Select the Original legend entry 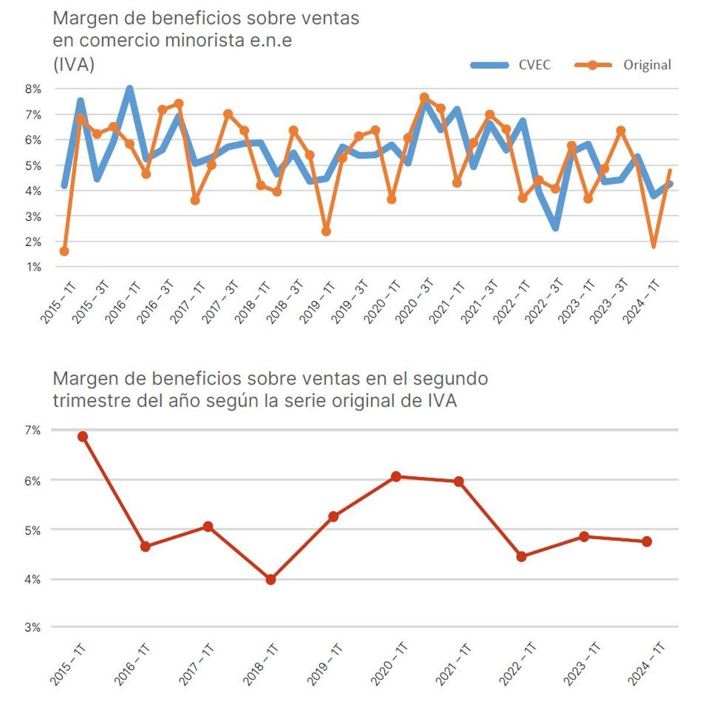[623, 65]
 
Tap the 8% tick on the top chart [33, 89]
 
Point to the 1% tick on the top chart [33, 267]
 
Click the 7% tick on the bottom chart [33, 430]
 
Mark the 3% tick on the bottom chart [33, 627]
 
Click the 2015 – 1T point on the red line [83, 437]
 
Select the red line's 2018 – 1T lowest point [271, 579]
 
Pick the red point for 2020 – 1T [396, 476]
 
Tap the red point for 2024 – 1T [647, 541]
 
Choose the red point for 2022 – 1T [521, 557]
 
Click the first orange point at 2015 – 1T [64, 251]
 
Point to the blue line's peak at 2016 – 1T [129, 90]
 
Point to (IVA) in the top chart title [73, 64]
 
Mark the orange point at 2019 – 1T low [326, 232]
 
